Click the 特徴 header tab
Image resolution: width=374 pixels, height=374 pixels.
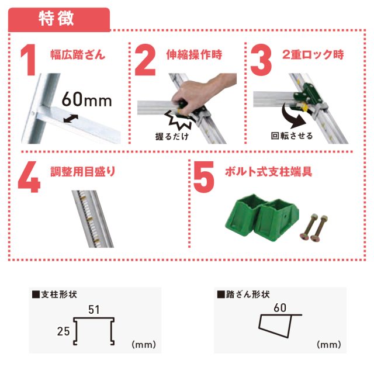pyautogui.click(x=59, y=19)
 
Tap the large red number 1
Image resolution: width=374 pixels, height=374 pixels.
pyautogui.click(x=29, y=60)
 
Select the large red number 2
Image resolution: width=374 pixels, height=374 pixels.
pyautogui.click(x=146, y=60)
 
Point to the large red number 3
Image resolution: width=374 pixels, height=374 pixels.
pyautogui.click(x=261, y=60)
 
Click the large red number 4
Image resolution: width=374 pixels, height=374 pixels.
pyautogui.click(x=29, y=176)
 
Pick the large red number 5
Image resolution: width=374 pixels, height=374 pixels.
pyautogui.click(x=204, y=176)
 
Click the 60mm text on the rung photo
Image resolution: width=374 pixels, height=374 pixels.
pyautogui.click(x=87, y=99)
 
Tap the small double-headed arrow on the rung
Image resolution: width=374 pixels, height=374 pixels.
pyautogui.click(x=71, y=119)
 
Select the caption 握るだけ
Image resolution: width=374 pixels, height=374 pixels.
pyautogui.click(x=172, y=136)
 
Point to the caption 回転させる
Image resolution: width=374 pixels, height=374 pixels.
pyautogui.click(x=292, y=136)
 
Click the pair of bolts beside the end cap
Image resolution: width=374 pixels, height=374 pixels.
pyautogui.click(x=314, y=228)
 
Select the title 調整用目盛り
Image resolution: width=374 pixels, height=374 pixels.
pyautogui.click(x=83, y=171)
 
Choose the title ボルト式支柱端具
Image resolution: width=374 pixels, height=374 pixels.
pyautogui.click(x=268, y=171)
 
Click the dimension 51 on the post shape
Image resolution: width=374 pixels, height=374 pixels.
pyautogui.click(x=93, y=310)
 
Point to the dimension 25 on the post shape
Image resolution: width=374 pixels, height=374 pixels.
pyautogui.click(x=63, y=331)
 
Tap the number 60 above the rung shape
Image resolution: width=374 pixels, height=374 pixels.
pyautogui.click(x=280, y=308)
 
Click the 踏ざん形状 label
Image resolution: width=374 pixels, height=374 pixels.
pyautogui.click(x=244, y=295)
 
